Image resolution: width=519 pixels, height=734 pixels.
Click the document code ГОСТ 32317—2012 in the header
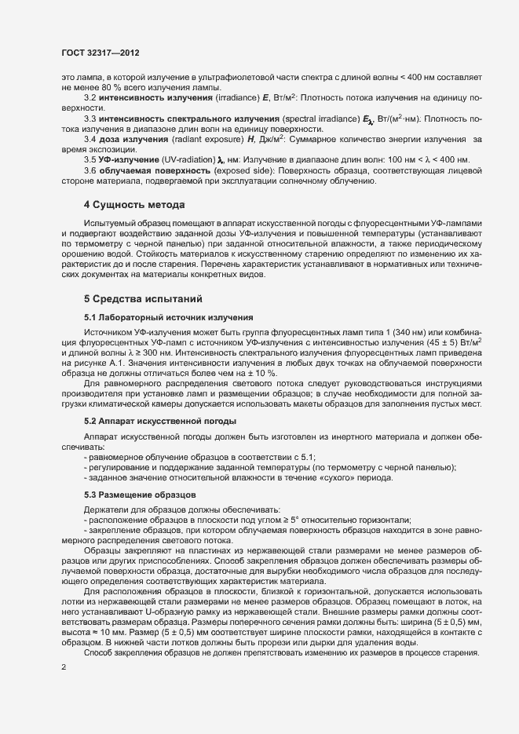click(x=101, y=52)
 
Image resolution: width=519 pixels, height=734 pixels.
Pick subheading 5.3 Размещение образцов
click(x=134, y=495)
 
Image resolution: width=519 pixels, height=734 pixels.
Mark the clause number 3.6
click(x=90, y=170)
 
